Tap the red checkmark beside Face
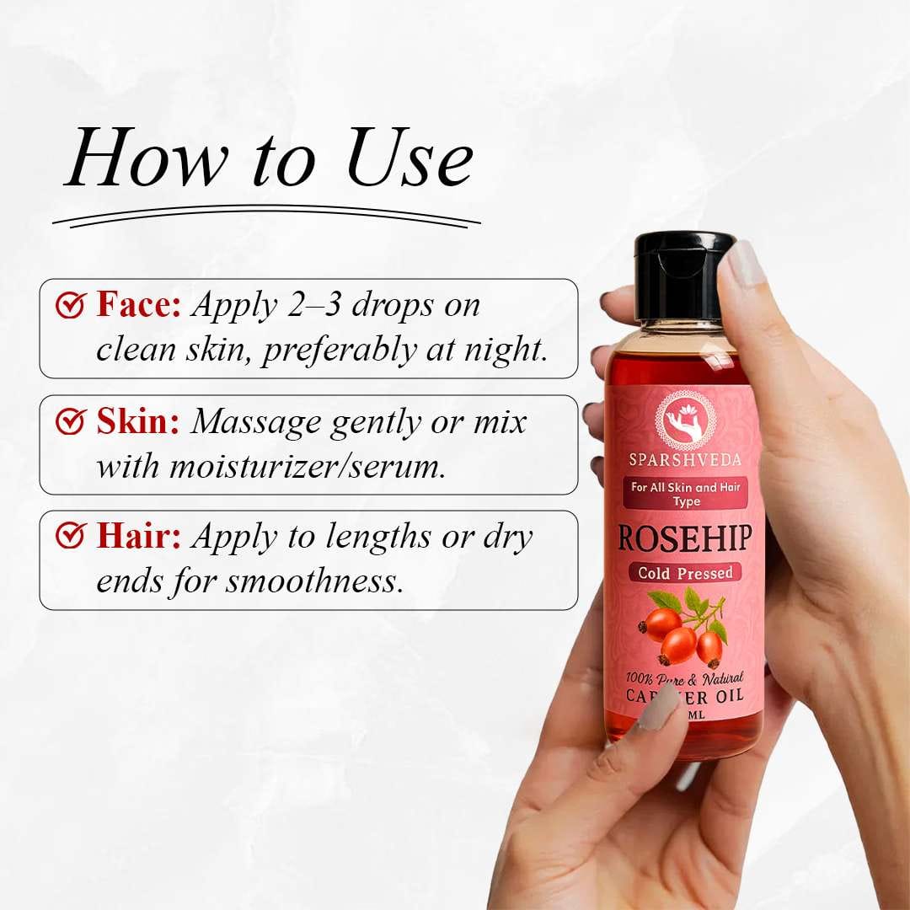pyautogui.click(x=70, y=304)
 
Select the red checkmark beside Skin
pyautogui.click(x=70, y=420)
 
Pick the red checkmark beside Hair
pyautogui.click(x=70, y=536)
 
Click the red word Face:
pyautogui.click(x=138, y=304)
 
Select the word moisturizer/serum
pyautogui.click(x=307, y=465)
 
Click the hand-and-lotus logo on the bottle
pyautogui.click(x=685, y=418)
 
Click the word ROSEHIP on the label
pyautogui.click(x=685, y=538)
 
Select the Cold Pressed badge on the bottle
pyautogui.click(x=685, y=573)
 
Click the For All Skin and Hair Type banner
pyautogui.click(x=685, y=493)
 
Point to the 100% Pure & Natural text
pyautogui.click(x=684, y=677)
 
